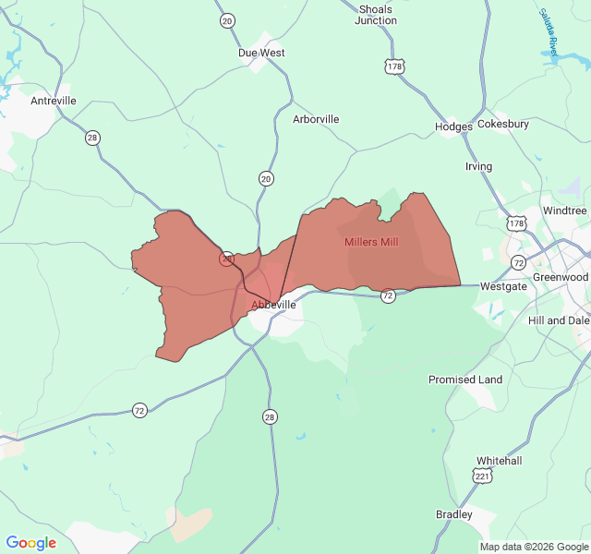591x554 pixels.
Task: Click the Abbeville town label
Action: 273,304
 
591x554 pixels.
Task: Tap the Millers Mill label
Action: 371,242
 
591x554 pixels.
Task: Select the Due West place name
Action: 261,53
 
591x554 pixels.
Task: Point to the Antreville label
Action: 54,101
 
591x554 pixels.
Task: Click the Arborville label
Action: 316,119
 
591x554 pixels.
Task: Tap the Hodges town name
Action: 454,126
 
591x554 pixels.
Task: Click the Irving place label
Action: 478,166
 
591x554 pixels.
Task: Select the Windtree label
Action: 564,211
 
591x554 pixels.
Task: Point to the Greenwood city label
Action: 561,277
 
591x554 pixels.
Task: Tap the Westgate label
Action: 504,287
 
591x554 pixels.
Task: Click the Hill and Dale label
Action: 558,320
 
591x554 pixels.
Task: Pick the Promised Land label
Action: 465,379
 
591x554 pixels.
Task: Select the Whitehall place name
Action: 500,460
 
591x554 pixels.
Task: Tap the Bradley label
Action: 453,514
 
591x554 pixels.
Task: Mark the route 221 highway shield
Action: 481,476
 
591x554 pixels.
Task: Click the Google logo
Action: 31,543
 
